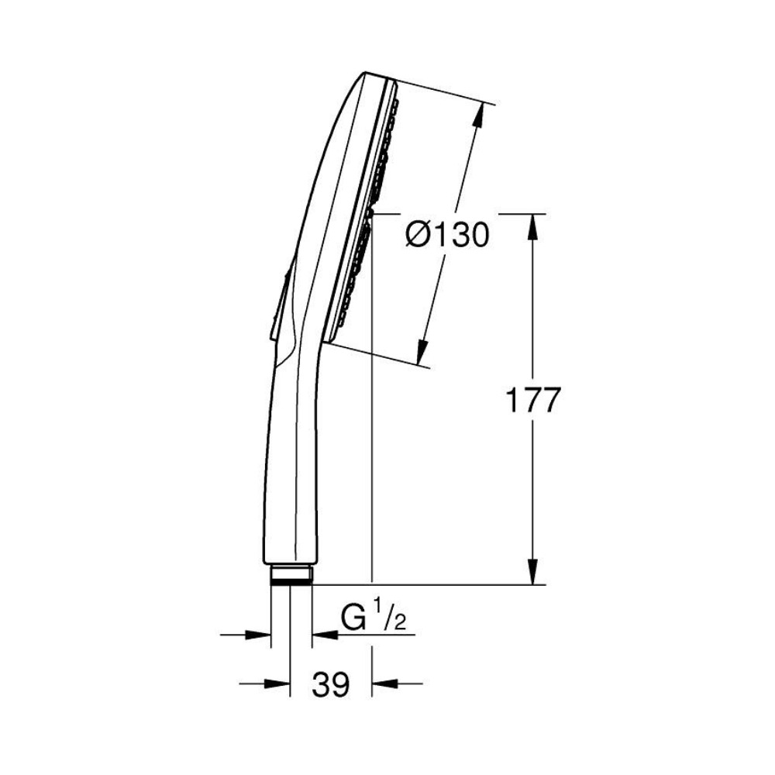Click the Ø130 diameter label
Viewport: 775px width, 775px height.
[x=447, y=235]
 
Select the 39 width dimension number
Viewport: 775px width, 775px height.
[x=331, y=684]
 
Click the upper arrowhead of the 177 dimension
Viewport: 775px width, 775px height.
[x=532, y=226]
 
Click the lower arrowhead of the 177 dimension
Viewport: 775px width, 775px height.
[x=532, y=573]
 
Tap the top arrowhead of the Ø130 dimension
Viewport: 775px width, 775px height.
[x=477, y=117]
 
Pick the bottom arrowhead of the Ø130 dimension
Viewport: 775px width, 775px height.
[x=422, y=352]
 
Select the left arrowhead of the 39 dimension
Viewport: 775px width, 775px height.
[x=277, y=684]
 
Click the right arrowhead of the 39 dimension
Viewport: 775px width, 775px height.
[x=384, y=684]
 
